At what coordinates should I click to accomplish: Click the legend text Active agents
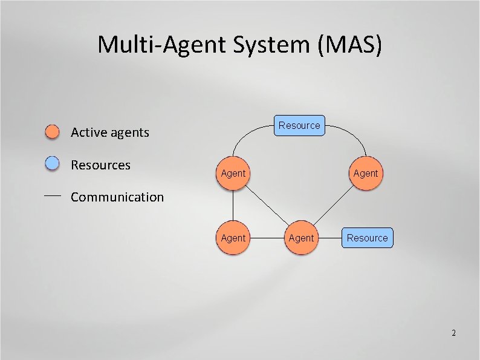click(x=109, y=133)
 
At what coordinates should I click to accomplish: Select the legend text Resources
click(x=100, y=165)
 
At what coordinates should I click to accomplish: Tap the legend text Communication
click(x=117, y=197)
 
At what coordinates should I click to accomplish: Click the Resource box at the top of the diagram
click(x=299, y=125)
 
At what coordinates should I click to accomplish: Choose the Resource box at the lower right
click(x=367, y=238)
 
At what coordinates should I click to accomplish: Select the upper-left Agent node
click(x=233, y=173)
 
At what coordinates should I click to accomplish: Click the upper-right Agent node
click(x=365, y=173)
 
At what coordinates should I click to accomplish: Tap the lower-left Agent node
click(x=233, y=238)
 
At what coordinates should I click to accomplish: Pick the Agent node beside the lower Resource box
click(x=301, y=238)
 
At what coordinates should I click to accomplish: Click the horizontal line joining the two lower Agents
click(x=267, y=238)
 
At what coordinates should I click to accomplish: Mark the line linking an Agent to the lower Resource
click(x=329, y=238)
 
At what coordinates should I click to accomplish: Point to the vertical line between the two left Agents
click(x=233, y=206)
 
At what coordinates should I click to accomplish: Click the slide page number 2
click(x=453, y=333)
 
